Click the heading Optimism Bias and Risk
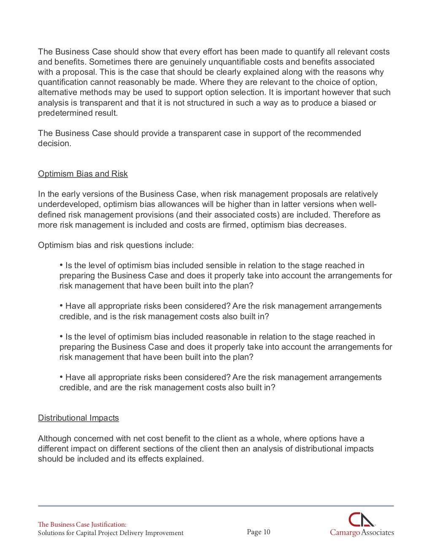tap(83, 174)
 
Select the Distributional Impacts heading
tap(78, 418)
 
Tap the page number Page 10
tap(258, 532)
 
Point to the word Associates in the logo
tap(378, 533)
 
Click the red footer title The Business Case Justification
tap(82, 525)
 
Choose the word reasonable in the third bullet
tap(230, 337)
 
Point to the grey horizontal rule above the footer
tap(216, 506)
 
